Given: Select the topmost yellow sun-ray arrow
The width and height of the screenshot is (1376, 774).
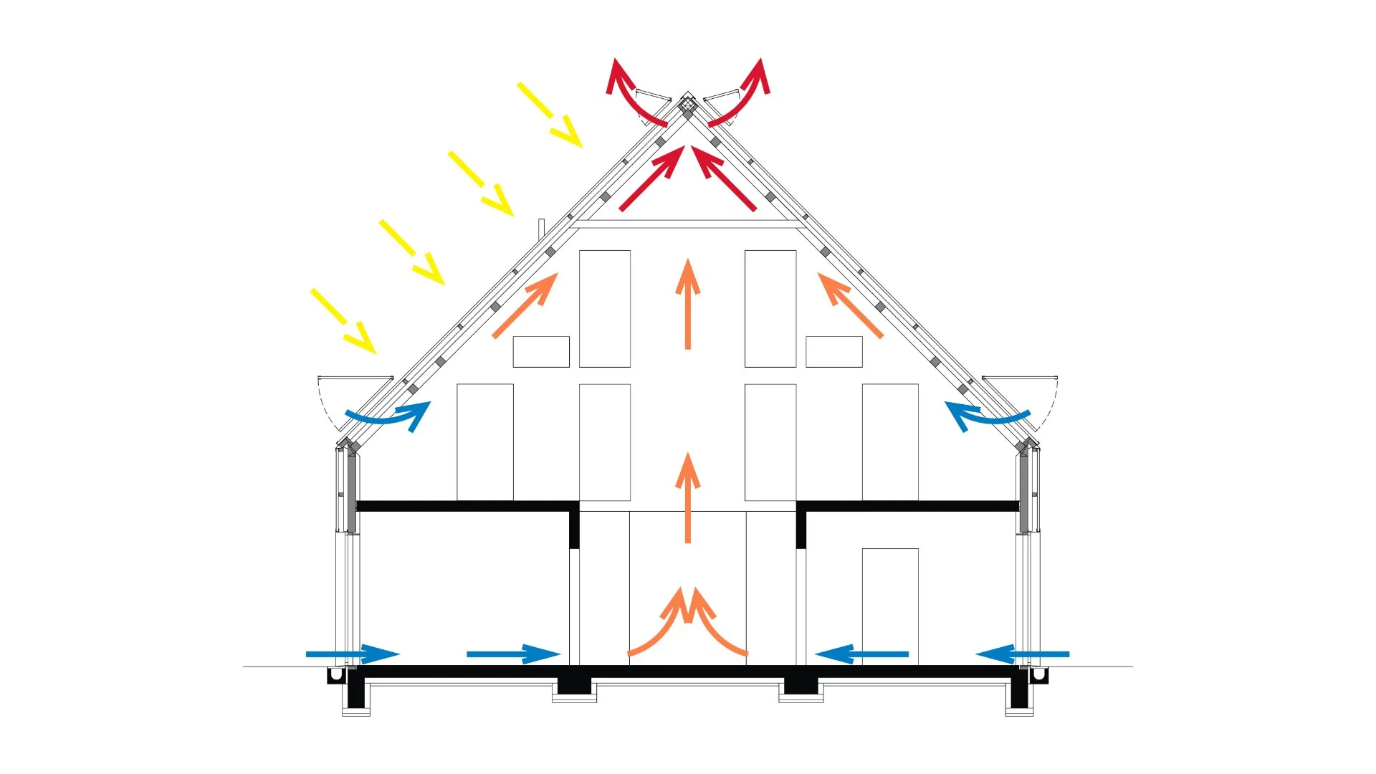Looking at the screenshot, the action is [550, 115].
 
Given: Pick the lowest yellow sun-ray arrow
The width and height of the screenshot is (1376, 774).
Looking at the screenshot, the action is [343, 321].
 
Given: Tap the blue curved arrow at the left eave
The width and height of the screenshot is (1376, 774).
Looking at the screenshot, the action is [391, 417].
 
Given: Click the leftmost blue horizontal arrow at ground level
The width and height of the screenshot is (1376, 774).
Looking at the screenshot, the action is [351, 654].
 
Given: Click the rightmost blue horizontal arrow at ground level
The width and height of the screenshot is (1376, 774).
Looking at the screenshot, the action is [1023, 654].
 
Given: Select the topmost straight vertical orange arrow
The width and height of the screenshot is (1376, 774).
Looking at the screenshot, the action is [687, 304].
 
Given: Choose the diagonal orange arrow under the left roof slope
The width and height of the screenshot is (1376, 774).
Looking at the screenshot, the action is [525, 305].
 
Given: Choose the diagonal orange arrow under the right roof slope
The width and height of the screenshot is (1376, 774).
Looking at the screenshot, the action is [850, 305].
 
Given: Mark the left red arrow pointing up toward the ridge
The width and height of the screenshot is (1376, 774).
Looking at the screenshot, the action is [651, 178].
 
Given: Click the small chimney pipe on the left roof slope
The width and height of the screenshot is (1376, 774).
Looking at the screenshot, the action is [541, 226].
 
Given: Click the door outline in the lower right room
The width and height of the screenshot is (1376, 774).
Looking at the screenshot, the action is [890, 606].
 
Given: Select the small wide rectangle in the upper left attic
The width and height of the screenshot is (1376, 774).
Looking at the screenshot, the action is [541, 352].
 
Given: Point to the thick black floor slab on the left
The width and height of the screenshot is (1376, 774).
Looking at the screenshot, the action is [466, 506].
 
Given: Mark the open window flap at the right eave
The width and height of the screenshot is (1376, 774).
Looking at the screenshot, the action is [1019, 378].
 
